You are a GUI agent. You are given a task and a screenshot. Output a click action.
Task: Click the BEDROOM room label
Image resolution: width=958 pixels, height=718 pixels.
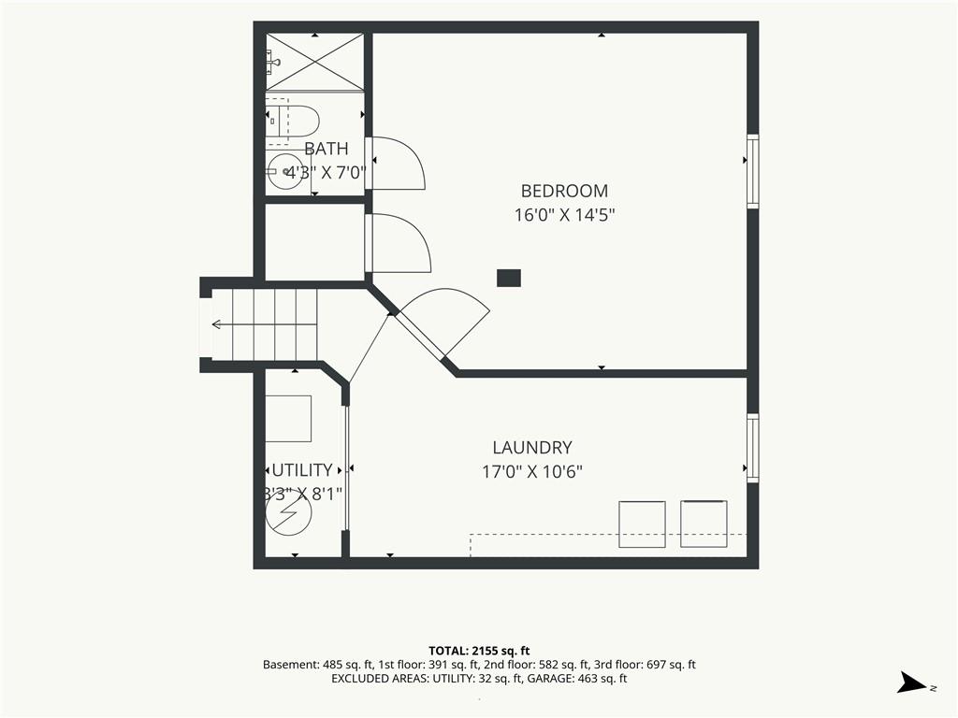pos(564,191)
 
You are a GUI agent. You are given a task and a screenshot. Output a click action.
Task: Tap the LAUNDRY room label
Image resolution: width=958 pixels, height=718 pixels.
pos(532,448)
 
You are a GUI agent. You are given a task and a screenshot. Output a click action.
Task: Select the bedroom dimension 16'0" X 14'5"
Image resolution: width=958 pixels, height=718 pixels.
pos(564,216)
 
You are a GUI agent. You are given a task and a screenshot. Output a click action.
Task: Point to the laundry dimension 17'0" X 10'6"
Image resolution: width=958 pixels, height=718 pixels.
pos(532,472)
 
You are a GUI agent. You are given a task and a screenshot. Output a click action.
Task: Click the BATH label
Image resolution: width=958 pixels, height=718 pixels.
pos(327,149)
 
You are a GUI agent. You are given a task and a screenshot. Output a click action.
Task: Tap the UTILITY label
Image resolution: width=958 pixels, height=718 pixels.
pos(302,470)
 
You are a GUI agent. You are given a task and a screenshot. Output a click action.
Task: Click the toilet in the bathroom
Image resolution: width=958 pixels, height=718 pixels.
pos(293,121)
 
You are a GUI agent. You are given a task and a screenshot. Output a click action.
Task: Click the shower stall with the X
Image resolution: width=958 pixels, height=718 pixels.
pos(314,63)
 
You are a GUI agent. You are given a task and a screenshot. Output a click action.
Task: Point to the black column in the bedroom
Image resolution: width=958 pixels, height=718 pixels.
pos(508,278)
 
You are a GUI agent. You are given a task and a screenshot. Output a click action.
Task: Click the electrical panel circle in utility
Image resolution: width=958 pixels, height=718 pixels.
pos(288,512)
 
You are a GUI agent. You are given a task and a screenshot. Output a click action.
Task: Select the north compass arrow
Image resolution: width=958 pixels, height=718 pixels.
pos(911,682)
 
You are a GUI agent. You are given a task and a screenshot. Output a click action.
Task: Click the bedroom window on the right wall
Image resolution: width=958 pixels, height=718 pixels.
pos(753,171)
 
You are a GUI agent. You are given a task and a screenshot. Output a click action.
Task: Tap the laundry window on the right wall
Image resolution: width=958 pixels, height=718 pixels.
pos(753,448)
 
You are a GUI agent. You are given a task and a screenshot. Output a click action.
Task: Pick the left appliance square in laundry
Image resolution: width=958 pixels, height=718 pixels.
pos(642,524)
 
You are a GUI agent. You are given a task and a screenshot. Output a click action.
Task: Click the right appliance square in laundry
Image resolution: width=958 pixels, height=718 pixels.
pos(704,524)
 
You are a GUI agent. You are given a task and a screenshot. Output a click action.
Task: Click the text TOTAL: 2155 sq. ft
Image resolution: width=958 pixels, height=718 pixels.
pos(479,651)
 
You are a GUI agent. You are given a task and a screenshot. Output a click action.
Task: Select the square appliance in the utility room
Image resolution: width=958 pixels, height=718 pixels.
pos(288,418)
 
